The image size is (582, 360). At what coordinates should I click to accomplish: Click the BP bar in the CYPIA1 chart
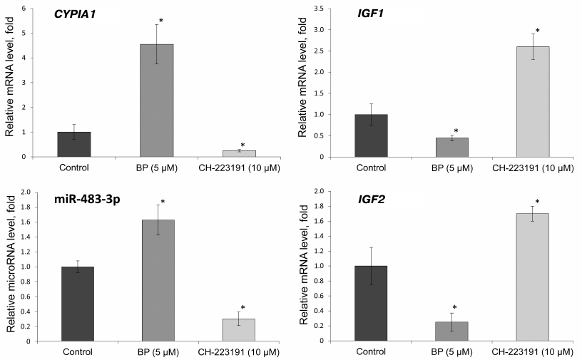point(156,101)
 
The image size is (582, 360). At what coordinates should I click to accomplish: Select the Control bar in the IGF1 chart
point(371,135)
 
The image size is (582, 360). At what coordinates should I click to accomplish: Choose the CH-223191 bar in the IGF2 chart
point(532,277)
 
